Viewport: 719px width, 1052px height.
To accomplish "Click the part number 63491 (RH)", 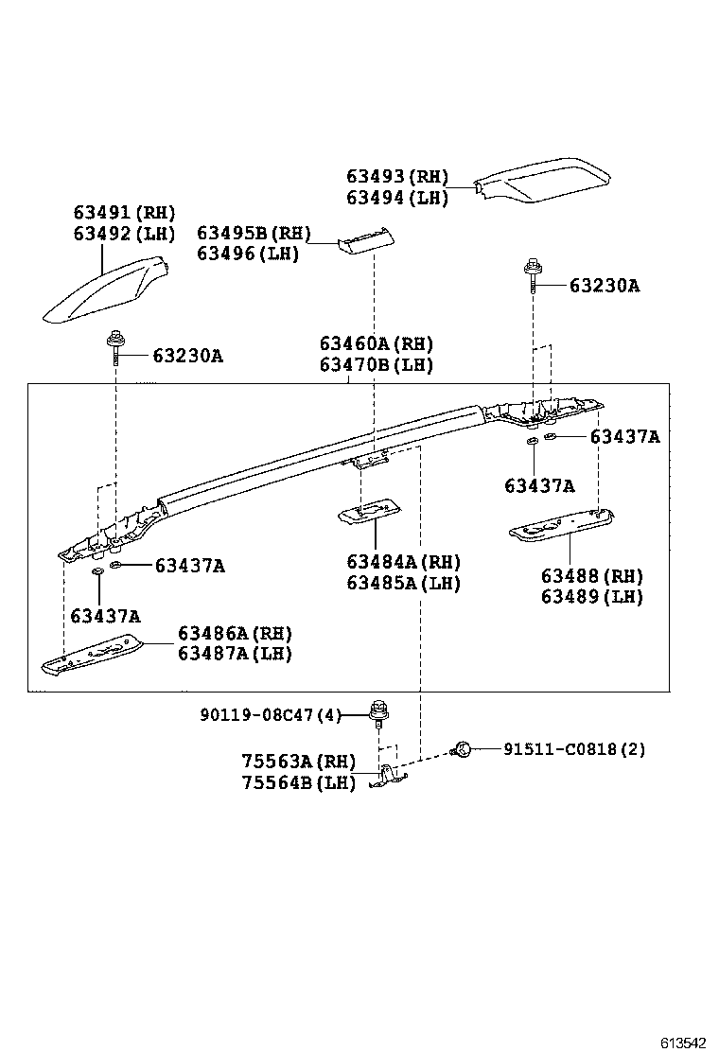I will point(125,213).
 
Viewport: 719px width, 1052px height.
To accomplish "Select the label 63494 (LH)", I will point(396,197).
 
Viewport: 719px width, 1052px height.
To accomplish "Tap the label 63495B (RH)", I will point(254,233).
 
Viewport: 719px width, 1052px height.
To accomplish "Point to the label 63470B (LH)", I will point(376,364).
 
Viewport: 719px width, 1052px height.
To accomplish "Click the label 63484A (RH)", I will point(403,563).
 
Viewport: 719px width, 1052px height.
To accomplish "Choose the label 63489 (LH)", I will point(592,596).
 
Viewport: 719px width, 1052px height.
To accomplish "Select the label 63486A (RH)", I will point(235,633).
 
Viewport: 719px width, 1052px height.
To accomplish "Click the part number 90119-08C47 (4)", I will point(270,715).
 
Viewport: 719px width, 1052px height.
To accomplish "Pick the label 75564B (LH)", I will point(298,782).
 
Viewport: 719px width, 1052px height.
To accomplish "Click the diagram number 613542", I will point(682,1043).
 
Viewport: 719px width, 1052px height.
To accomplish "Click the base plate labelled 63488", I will point(563,524).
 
